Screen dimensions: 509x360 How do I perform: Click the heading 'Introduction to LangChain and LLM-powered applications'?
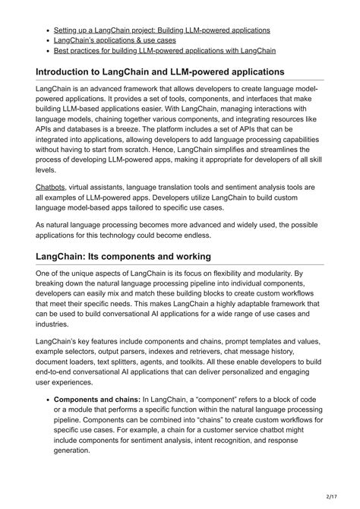click(160, 72)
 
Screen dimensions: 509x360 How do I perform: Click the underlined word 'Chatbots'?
click(50, 187)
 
